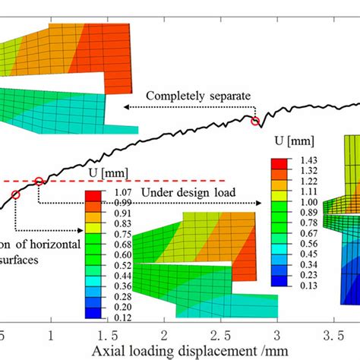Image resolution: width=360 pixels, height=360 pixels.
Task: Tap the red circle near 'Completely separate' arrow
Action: coord(256,121)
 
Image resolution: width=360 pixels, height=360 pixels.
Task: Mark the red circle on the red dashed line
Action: coord(39,181)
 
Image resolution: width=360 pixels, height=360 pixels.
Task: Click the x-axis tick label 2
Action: coord(163,335)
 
